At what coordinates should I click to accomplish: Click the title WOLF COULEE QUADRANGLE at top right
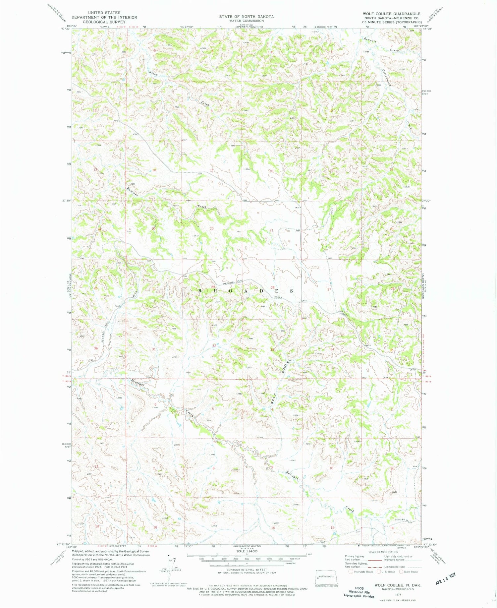click(391, 14)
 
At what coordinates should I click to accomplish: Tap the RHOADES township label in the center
click(245, 291)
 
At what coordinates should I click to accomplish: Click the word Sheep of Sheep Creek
click(153, 74)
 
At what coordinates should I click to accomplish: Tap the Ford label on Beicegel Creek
click(117, 306)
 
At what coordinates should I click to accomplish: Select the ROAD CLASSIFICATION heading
click(380, 552)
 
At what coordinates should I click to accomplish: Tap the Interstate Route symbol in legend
click(351, 572)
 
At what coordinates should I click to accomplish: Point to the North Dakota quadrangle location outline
click(326, 577)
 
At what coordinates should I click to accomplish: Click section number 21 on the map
click(271, 230)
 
